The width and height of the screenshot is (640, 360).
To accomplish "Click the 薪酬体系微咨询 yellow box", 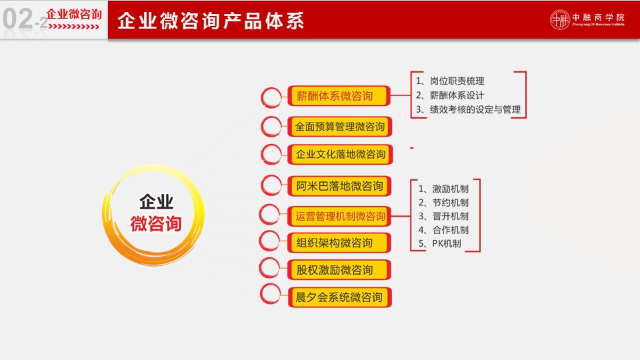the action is click(x=339, y=96).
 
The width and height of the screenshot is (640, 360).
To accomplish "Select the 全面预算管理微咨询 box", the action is click(x=339, y=127).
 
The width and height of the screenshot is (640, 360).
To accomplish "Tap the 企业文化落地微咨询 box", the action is click(x=340, y=154).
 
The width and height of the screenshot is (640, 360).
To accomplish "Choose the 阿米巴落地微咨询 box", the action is click(x=339, y=186).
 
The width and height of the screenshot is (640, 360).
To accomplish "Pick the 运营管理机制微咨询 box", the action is click(x=339, y=216).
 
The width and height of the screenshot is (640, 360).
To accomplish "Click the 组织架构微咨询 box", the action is click(x=339, y=243).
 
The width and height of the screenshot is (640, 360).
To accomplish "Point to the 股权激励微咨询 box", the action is click(x=339, y=270).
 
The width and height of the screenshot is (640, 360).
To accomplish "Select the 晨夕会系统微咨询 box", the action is click(x=339, y=297).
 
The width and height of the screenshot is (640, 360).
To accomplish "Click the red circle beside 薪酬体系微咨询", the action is click(x=271, y=97).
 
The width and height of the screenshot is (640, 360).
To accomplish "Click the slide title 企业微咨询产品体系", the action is click(x=211, y=21).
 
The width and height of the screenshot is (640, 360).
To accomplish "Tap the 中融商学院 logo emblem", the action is click(x=559, y=19).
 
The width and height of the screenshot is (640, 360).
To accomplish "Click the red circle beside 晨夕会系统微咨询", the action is click(x=270, y=294).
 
